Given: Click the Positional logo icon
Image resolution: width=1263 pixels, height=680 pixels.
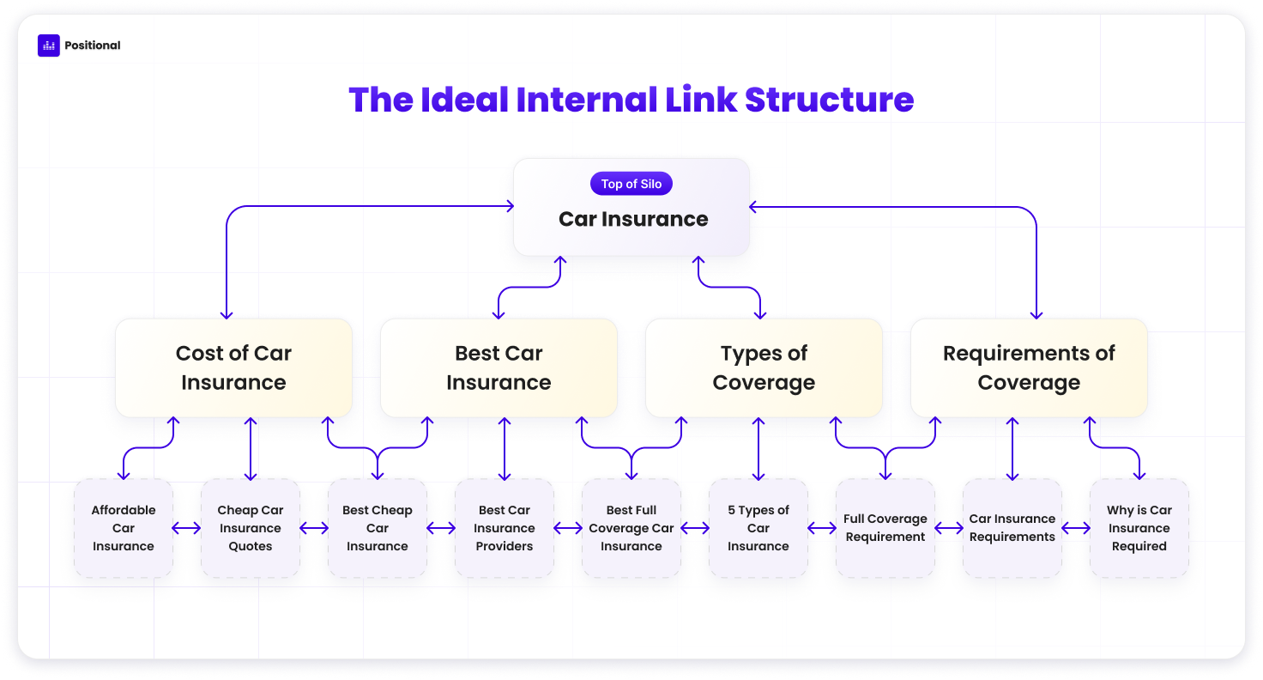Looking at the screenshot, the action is pos(49,46).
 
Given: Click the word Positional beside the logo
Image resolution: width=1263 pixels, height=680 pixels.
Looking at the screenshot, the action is pos(93,46).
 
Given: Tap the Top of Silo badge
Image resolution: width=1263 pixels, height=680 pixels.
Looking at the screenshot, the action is pos(631,184).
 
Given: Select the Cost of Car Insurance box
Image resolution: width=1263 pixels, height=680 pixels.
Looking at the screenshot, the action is pos(233,368).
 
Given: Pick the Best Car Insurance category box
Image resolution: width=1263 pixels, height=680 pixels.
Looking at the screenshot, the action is pos(499,368).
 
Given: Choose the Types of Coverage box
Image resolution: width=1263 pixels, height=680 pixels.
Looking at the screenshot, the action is pos(764,368).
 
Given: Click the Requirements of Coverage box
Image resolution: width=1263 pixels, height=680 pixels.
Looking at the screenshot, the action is pos(1029,368).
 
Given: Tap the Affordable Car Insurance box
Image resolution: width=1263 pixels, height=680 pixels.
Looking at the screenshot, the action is pos(124,528).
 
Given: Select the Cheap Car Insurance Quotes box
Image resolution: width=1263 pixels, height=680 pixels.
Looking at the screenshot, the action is pos(251,528).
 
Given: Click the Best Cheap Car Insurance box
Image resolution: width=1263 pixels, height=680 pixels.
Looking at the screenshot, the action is pos(378,528).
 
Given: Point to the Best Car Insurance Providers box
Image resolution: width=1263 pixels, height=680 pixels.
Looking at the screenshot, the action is pos(504,528).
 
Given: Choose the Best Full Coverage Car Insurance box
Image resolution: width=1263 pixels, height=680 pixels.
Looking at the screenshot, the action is pos(631,528).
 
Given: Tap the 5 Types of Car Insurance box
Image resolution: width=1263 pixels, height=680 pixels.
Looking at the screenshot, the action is pos(758,528).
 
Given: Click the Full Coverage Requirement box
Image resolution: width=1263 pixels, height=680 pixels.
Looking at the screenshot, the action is pos(885,528).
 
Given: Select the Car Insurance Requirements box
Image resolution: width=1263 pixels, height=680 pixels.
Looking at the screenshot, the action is pos(1012,528).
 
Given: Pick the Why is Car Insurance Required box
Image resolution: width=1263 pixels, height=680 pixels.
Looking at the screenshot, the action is pos(1139,528).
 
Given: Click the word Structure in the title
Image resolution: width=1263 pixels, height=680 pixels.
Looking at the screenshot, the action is pos(829,100).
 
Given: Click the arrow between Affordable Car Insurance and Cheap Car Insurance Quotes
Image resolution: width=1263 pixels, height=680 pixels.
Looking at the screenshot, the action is pos(186,528).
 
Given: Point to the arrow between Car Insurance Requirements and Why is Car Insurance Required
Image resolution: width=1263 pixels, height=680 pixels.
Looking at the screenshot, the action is pos(1076,528).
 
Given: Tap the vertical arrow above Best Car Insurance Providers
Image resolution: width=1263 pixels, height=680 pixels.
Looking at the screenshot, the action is pos(505,449).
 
